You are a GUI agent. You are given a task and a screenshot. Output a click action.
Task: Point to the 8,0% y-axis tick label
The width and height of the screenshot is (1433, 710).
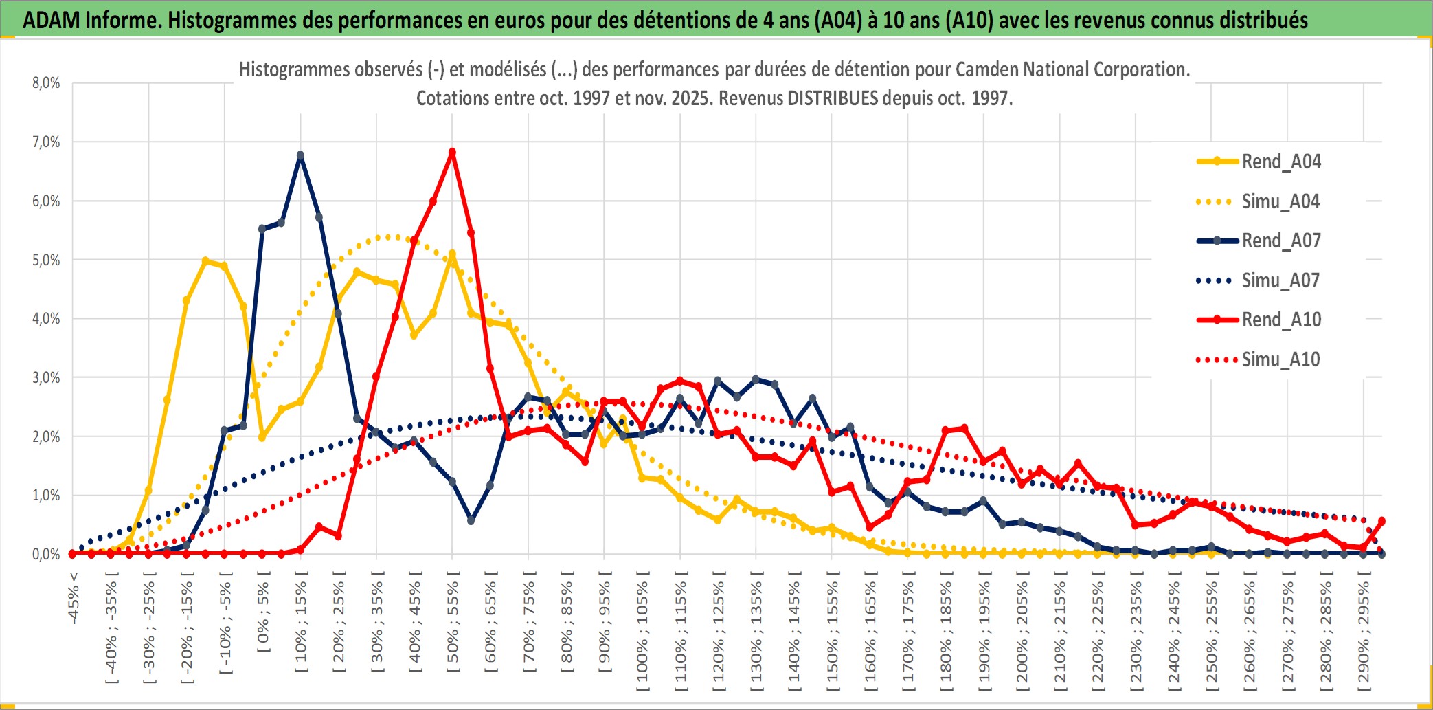[46, 83]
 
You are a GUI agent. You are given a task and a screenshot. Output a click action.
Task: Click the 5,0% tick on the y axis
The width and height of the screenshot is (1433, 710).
[46, 260]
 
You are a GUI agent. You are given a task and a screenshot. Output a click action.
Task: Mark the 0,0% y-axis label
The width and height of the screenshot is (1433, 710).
[46, 554]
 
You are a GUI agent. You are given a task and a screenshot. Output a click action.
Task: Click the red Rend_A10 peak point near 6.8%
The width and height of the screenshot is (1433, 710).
[452, 153]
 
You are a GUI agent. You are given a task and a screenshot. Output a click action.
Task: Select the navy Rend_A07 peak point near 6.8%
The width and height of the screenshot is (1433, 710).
[300, 155]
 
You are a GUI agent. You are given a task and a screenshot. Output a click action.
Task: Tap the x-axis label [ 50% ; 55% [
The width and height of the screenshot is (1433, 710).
[453, 625]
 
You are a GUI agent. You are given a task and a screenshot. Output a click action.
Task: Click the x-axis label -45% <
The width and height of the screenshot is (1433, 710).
[74, 598]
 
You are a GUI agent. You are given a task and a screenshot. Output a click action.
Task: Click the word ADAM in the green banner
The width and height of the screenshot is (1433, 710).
[52, 21]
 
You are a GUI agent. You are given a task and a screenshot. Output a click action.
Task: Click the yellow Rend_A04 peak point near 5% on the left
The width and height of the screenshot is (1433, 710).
[205, 261]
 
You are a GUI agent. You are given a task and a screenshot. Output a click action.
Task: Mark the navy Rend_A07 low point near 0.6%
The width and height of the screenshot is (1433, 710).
[471, 520]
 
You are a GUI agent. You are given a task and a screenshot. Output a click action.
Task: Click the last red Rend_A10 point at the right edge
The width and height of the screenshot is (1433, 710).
[1381, 521]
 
